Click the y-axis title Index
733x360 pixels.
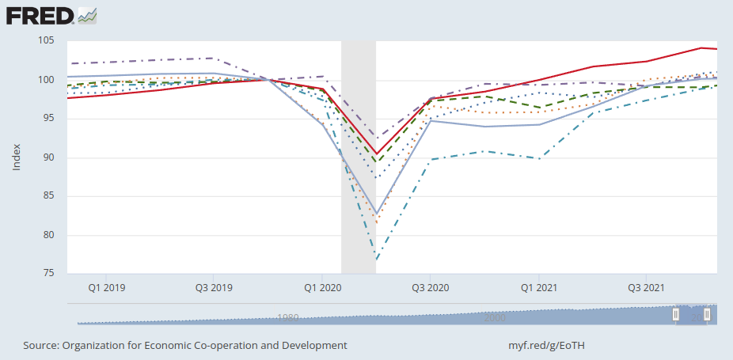point(17,157)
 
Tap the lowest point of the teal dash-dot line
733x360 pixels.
point(377,260)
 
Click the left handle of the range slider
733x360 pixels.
point(676,315)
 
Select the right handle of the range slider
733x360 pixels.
point(707,315)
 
